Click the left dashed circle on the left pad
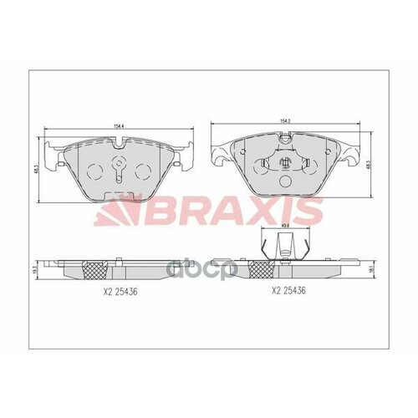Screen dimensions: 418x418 (94, 172)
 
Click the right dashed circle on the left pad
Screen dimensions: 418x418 (144, 172)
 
